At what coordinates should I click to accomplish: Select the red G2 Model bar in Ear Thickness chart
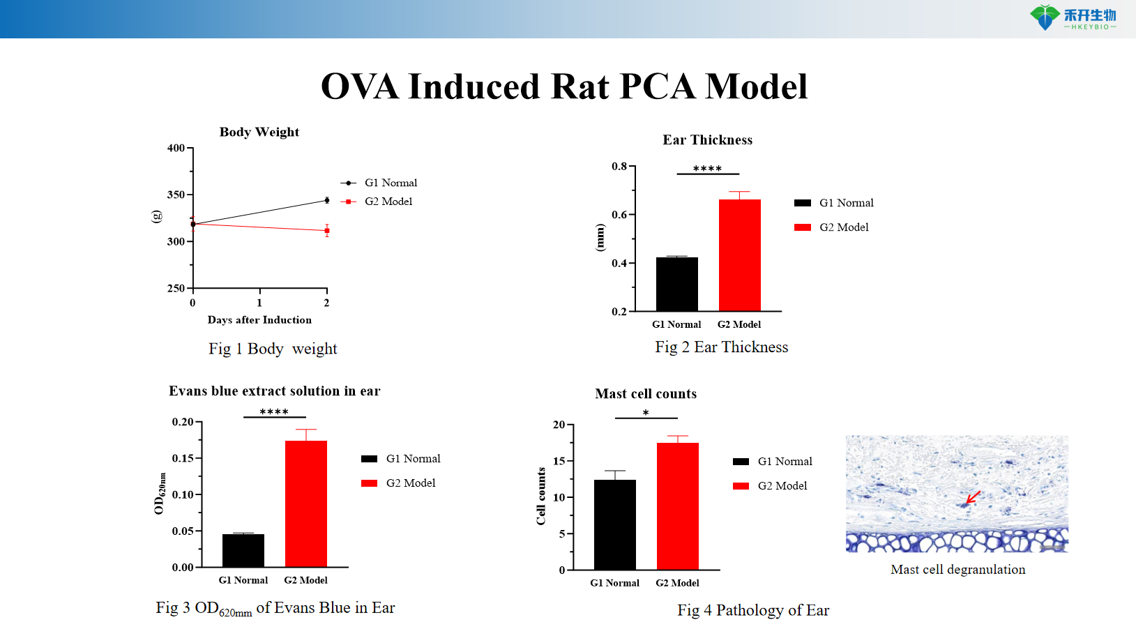[x=739, y=255]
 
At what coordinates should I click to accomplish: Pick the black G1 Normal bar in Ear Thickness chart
[x=676, y=284]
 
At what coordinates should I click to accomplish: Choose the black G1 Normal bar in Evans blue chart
[x=243, y=550]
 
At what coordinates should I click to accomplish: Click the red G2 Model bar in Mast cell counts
[x=677, y=506]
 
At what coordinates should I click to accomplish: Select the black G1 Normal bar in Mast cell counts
[x=614, y=524]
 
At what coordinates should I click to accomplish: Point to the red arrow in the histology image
[x=972, y=498]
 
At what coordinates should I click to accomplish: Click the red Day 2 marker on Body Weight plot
[x=326, y=231]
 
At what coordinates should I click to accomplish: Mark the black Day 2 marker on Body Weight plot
[x=326, y=200]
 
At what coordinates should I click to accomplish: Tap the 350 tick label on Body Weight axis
[x=176, y=195]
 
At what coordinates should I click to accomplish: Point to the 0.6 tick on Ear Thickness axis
[x=619, y=215]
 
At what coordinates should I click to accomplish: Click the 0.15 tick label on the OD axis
[x=183, y=458]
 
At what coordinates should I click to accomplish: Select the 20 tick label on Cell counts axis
[x=559, y=425]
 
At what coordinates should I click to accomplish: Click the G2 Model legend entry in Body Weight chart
[x=388, y=202]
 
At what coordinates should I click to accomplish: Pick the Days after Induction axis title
[x=259, y=320]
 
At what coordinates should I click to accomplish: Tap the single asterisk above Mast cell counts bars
[x=646, y=413]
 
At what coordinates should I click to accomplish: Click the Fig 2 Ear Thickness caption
[x=721, y=347]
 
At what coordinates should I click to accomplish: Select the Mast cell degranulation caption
[x=957, y=570]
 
